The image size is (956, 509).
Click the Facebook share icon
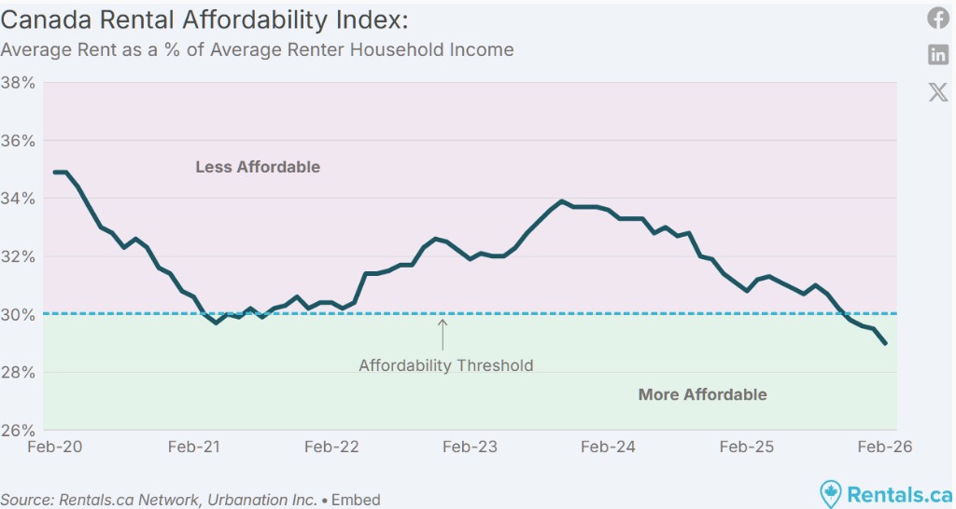tap(937, 18)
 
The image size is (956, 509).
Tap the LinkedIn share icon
tap(937, 54)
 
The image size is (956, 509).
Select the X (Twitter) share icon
tap(937, 91)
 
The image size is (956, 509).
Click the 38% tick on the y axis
tap(19, 83)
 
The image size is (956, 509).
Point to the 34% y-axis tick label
tap(19, 199)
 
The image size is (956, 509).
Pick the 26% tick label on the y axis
tap(19, 431)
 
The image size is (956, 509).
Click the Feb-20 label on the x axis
tap(55, 447)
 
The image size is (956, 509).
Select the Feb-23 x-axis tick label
tap(470, 447)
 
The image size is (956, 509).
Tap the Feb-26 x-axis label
tap(884, 447)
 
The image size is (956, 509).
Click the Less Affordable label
tap(258, 168)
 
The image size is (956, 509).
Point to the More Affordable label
tap(702, 394)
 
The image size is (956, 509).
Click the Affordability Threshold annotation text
tap(446, 365)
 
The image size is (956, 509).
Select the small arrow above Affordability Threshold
tap(443, 334)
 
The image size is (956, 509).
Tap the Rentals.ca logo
tap(885, 493)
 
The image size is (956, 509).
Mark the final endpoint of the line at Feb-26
tap(885, 344)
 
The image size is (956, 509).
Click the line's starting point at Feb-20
tap(55, 172)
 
